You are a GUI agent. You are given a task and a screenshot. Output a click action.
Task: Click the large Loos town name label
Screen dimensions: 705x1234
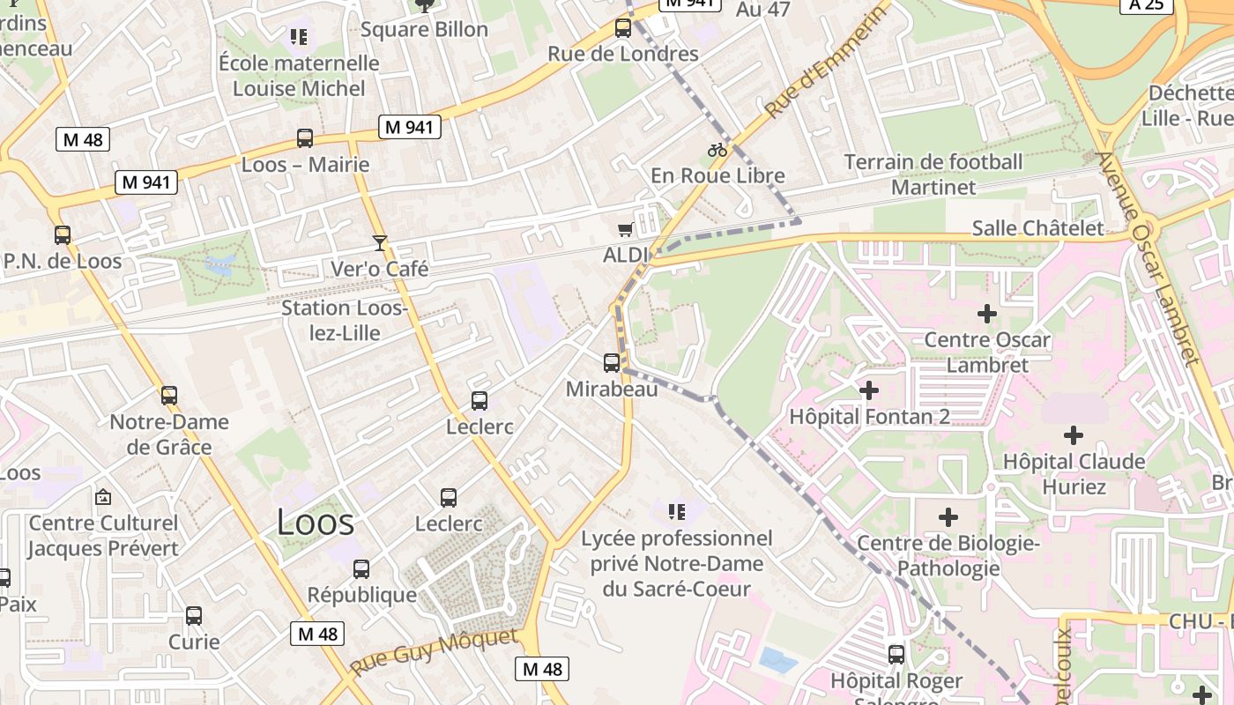pos(316,523)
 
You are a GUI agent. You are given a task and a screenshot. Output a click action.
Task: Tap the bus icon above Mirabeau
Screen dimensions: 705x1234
pos(611,362)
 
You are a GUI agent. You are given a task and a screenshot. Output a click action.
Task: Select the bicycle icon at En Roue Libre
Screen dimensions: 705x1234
pos(717,150)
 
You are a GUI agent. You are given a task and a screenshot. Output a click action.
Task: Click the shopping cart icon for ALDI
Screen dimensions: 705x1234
pos(625,230)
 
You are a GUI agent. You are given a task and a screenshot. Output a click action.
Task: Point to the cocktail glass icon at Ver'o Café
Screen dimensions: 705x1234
pos(380,242)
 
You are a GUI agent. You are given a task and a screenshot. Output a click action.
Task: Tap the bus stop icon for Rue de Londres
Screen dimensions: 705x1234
pos(623,28)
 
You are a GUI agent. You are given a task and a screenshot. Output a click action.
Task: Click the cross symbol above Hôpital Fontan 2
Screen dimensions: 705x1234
pos(869,390)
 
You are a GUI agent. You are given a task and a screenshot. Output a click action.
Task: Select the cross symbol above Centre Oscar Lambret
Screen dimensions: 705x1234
pos(987,313)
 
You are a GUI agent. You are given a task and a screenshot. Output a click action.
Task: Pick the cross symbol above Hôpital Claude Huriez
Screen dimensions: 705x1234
pos(1073,434)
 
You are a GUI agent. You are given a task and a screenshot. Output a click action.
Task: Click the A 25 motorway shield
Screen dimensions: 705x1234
pos(1146,4)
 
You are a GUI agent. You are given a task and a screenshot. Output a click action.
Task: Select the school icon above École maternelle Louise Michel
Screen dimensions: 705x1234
pos(299,37)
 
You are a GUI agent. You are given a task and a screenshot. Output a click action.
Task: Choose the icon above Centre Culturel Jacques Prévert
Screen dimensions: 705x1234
pos(103,497)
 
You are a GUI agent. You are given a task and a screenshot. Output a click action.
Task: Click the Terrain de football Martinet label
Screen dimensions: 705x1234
pos(933,174)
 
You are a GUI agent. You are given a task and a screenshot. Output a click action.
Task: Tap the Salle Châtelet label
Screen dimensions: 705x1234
pos(1037,228)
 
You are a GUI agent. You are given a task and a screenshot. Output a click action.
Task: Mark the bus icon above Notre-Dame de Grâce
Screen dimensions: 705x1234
pos(169,396)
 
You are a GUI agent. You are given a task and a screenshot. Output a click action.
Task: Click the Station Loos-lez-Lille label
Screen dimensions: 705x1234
pos(344,320)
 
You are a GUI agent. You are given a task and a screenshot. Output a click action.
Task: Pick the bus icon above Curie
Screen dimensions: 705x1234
pos(194,616)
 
